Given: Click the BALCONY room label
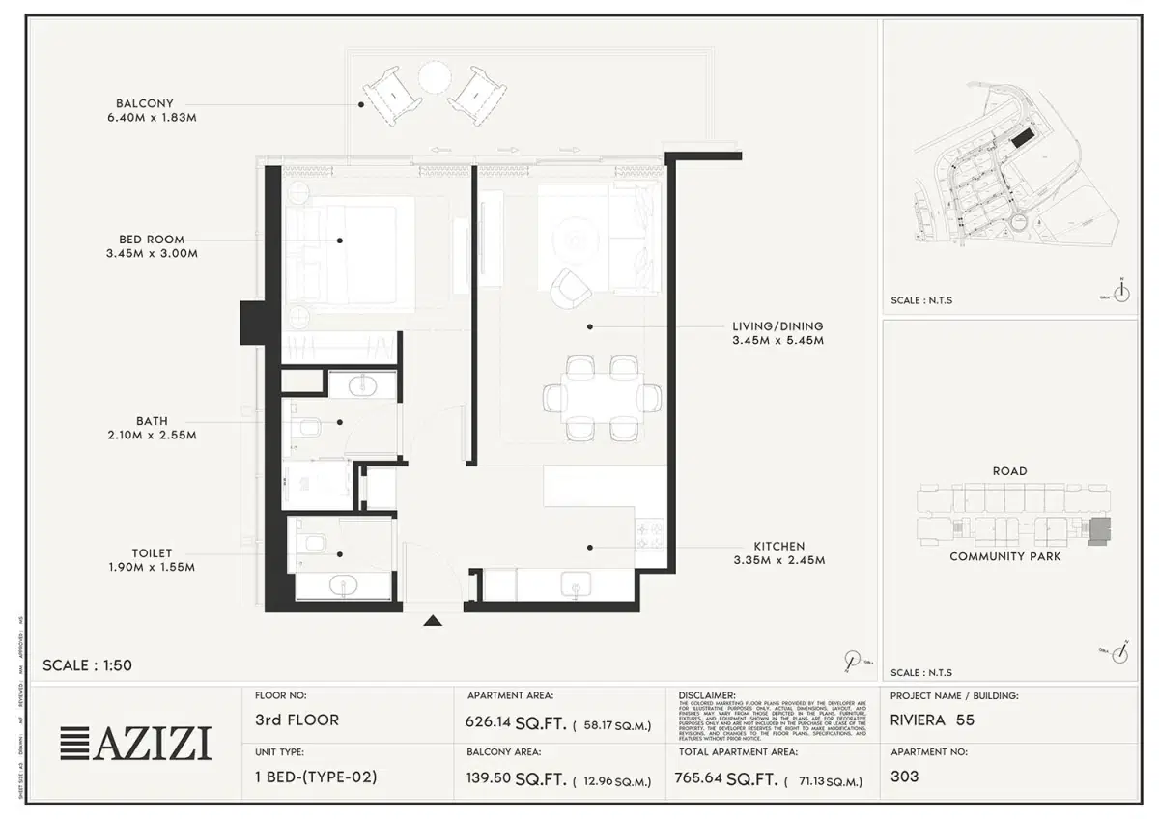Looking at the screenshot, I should (x=144, y=102).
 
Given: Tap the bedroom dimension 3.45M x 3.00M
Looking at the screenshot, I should (x=152, y=254).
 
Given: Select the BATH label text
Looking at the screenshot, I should (x=152, y=421).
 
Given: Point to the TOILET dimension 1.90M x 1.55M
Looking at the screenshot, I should (x=152, y=568).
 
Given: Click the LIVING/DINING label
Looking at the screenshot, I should (x=777, y=326).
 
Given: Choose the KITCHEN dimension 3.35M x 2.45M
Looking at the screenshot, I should (x=777, y=560).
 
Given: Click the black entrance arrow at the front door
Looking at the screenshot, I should (x=433, y=621).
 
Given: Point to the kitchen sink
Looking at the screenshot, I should (x=576, y=584).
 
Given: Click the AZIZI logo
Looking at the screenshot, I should (x=136, y=743).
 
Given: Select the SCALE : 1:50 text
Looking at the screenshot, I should (x=87, y=665).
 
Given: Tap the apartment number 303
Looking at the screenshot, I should (x=905, y=777).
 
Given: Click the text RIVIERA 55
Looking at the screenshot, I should (x=932, y=720).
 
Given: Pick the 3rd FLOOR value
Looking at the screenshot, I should (x=297, y=720).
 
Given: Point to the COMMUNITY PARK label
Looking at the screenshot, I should (x=1004, y=556).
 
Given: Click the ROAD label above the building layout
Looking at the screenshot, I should (x=1009, y=471).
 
